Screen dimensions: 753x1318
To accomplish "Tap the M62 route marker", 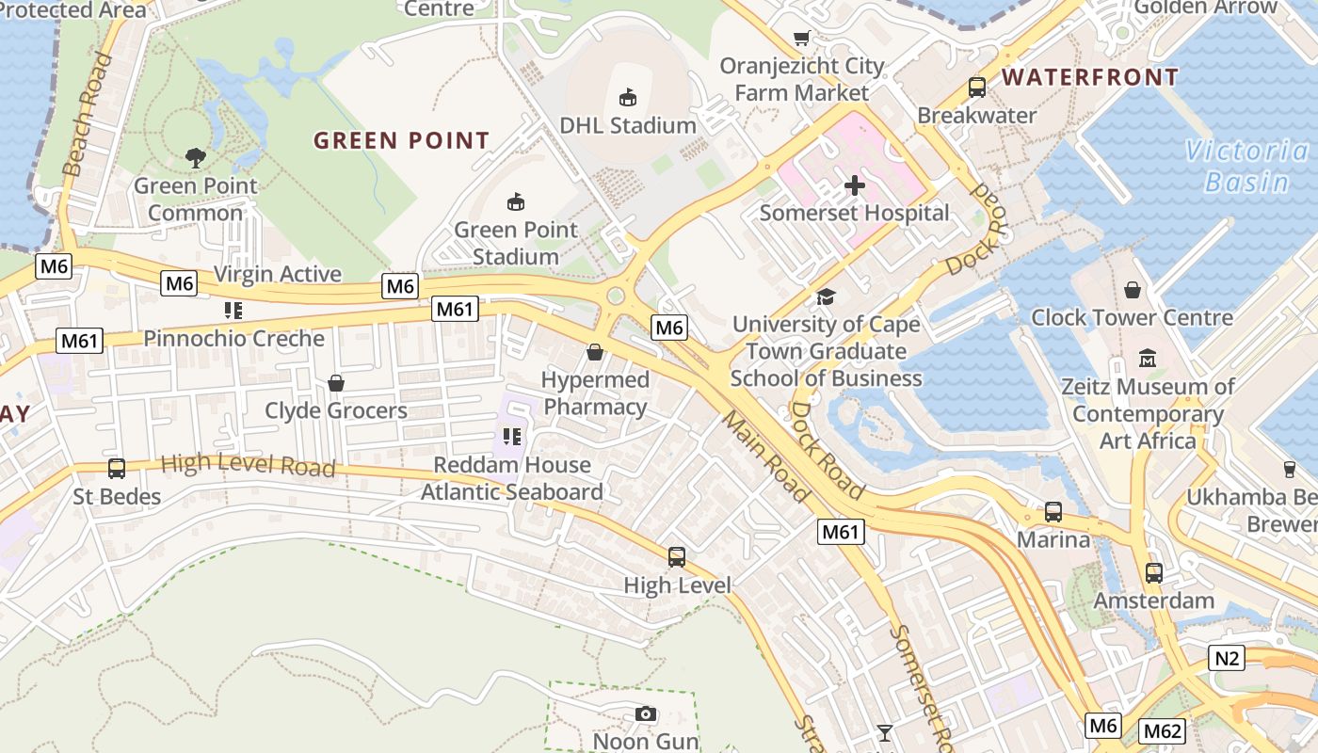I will (1162, 731).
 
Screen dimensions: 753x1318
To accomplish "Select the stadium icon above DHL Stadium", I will (628, 97).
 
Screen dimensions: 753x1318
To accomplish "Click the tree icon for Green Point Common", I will (196, 157).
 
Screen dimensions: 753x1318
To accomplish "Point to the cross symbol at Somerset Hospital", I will (855, 185).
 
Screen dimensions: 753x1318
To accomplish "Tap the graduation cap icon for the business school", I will (826, 296).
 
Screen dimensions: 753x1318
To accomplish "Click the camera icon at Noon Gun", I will (645, 713).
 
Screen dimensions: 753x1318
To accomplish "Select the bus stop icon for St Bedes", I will (117, 468).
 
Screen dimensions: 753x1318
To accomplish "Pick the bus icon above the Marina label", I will (1053, 512).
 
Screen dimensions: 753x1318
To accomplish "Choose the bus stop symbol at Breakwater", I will (977, 88).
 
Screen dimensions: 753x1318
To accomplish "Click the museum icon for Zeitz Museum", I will (1148, 359).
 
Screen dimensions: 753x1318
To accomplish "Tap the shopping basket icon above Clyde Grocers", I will (336, 383).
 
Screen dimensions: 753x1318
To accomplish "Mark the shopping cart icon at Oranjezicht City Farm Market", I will (801, 39).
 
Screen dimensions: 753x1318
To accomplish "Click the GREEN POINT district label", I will (401, 141).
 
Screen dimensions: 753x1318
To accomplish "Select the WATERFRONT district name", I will (1090, 77).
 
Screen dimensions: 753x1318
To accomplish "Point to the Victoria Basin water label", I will (1247, 166).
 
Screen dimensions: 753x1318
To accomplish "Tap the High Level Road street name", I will (248, 465).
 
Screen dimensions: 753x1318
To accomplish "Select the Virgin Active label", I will (278, 274).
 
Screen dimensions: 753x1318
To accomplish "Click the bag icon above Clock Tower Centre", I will (1132, 290).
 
